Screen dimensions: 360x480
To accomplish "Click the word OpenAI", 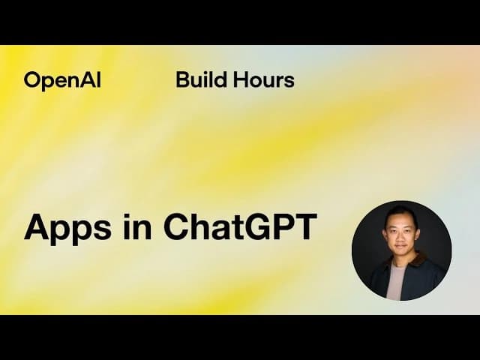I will [61, 80].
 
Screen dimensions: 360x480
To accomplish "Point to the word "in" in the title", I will [132, 226].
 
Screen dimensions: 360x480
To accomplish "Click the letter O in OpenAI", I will [32, 80].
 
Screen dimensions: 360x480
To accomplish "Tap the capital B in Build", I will [182, 79].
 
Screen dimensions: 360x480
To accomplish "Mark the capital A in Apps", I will [36, 226].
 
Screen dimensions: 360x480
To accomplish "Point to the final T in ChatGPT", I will [307, 226].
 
